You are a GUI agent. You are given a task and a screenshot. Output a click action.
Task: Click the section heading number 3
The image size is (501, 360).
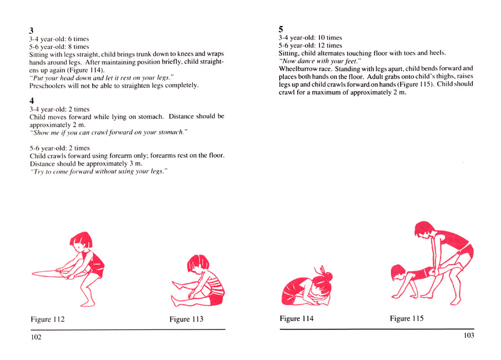(32, 30)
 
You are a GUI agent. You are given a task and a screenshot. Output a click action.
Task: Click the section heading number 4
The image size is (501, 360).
(32, 101)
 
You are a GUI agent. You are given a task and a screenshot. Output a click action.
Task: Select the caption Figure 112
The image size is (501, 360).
(48, 319)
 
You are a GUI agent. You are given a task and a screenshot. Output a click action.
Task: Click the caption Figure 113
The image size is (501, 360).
(186, 319)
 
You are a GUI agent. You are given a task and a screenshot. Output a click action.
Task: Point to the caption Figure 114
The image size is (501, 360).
(297, 319)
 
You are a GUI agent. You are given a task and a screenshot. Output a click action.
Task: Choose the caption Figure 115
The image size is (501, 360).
(408, 319)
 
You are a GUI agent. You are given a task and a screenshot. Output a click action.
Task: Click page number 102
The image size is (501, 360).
(36, 337)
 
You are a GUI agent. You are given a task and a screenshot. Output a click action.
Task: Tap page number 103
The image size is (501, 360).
(468, 336)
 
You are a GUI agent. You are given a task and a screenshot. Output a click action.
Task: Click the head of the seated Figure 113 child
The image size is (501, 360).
(198, 266)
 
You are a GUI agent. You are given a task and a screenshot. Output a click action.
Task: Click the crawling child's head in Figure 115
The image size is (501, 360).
(399, 272)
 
